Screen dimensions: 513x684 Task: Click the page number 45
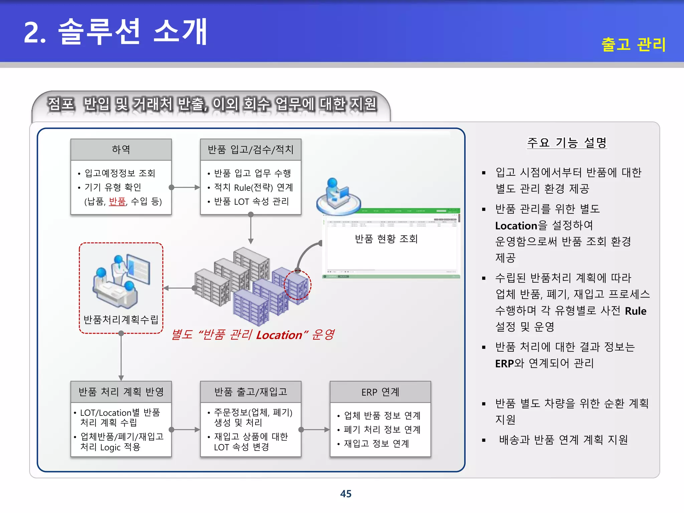click(346, 494)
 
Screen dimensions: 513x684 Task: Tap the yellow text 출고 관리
click(633, 44)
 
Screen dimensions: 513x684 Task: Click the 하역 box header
click(121, 149)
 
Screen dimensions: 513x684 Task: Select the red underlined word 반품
click(117, 201)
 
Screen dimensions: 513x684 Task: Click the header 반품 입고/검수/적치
click(250, 149)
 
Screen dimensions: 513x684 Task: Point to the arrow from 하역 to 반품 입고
click(186, 187)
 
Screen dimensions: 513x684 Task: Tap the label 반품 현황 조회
click(386, 239)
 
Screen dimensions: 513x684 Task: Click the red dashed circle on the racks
click(297, 285)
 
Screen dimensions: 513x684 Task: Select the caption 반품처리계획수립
click(121, 320)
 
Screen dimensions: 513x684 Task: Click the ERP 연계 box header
click(380, 392)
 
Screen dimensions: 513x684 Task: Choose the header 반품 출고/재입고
click(250, 392)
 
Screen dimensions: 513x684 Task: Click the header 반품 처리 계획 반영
click(121, 392)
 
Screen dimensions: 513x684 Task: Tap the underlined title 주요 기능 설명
click(567, 143)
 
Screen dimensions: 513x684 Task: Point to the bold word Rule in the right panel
click(635, 311)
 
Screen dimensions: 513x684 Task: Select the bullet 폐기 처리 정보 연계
click(382, 430)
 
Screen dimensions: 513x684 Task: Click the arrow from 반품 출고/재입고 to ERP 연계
click(315, 430)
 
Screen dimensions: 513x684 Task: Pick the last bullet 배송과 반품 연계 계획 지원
click(563, 440)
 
